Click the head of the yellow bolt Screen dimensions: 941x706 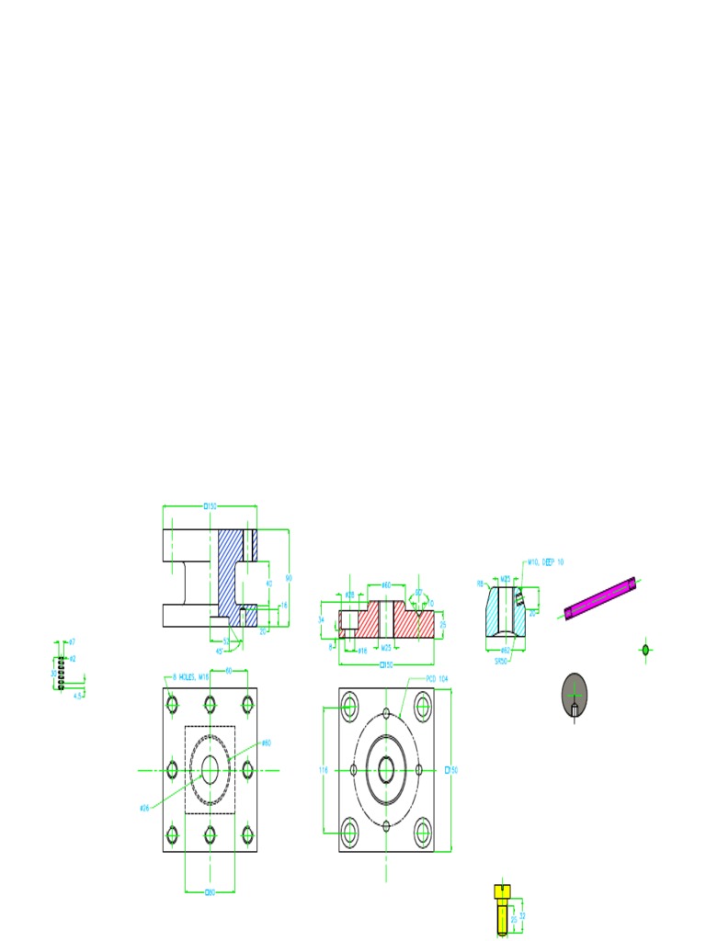click(x=501, y=890)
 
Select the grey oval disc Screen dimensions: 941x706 click(x=574, y=694)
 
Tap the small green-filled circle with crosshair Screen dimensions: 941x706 click(x=645, y=651)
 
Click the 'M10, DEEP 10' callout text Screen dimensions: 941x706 click(x=545, y=561)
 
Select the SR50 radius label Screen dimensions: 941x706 click(x=501, y=660)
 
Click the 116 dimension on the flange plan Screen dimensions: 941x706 click(x=323, y=770)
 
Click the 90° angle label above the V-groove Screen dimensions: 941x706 click(x=418, y=593)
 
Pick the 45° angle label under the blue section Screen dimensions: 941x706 click(x=219, y=651)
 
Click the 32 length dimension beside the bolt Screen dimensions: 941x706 click(x=522, y=915)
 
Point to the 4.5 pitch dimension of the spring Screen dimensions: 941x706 click(x=78, y=696)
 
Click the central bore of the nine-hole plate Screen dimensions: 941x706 click(x=210, y=770)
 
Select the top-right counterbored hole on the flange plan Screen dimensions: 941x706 click(x=423, y=707)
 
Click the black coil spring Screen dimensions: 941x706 click(x=61, y=672)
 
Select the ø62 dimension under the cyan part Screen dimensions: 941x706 click(x=506, y=650)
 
